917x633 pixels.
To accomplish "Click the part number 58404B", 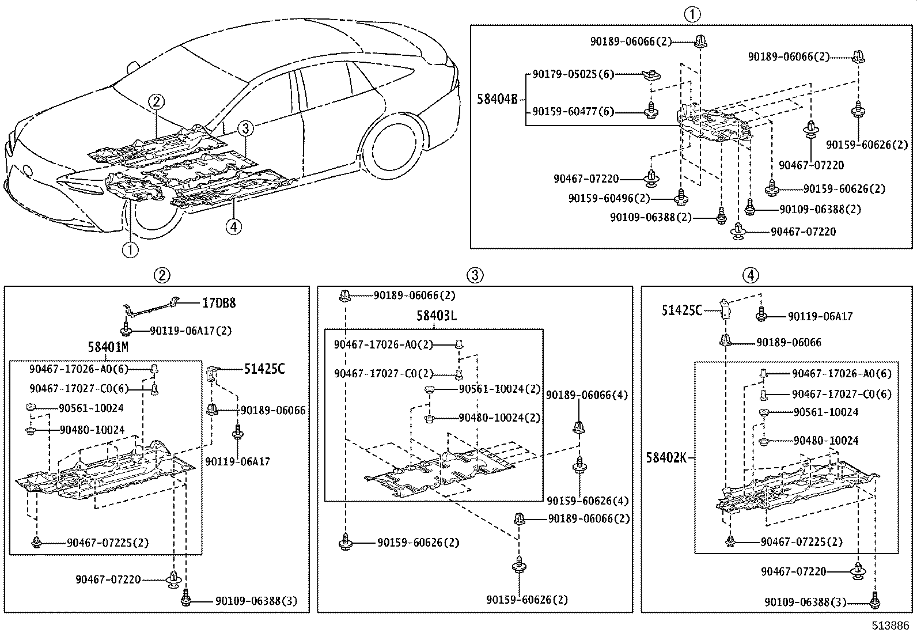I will click(497, 99).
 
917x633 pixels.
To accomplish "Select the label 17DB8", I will click(218, 303).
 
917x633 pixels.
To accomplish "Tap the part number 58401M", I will click(108, 347).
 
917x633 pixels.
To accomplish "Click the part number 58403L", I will click(437, 316).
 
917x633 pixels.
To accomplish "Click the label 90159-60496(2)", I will click(608, 198).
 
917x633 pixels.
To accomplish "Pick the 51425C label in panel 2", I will click(264, 369).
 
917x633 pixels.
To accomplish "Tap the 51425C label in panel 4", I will click(681, 311).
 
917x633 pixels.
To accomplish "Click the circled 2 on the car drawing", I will click(156, 102).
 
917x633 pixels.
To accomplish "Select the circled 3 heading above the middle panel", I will click(475, 275).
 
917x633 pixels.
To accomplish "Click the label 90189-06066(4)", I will click(587, 395).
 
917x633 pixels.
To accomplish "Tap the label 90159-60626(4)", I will click(588, 501).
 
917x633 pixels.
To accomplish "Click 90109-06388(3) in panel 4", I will click(805, 602).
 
